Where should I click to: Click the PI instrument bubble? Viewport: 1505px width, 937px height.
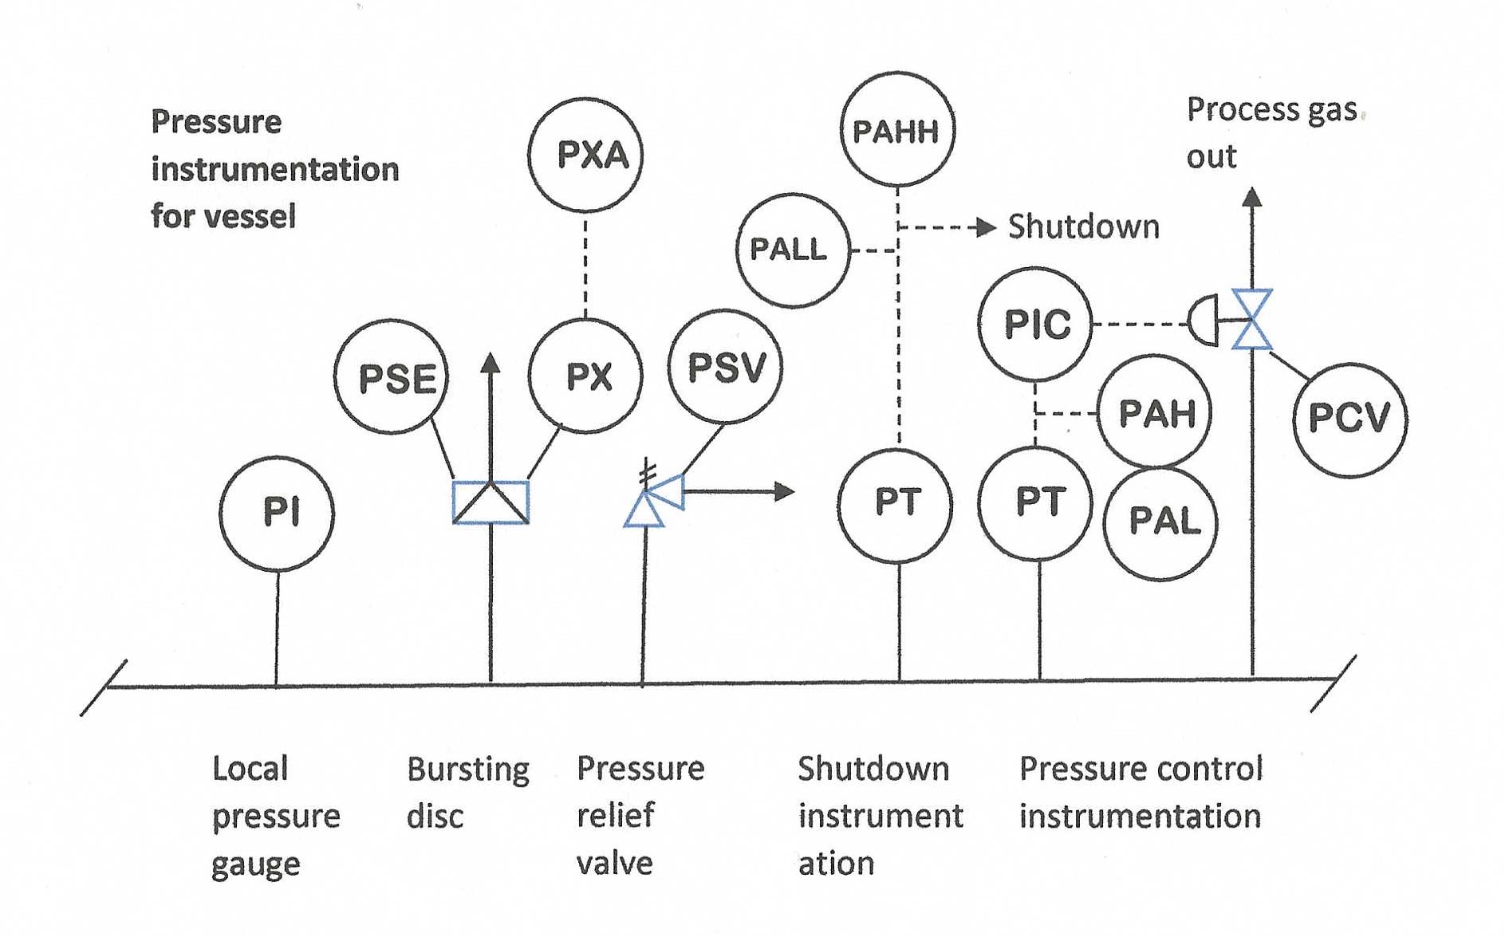(277, 514)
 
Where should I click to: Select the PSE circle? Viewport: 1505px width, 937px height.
(392, 377)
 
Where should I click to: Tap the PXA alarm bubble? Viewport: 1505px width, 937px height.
(585, 156)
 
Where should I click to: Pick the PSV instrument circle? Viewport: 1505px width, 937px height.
(725, 367)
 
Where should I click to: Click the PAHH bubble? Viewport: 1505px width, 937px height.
(897, 130)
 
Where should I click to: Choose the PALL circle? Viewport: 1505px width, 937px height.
(792, 250)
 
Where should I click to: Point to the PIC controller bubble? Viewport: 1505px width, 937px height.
(1035, 324)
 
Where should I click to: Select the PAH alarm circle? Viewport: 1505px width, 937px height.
(1154, 412)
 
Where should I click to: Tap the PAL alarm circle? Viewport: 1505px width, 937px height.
(1160, 523)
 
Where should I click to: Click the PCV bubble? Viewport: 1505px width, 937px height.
(1349, 419)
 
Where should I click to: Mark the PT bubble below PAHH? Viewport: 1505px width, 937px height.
(896, 504)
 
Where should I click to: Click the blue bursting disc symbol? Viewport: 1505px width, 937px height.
(491, 502)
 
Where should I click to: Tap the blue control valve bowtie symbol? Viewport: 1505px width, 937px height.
(1251, 320)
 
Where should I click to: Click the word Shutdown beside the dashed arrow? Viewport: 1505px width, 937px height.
(1083, 227)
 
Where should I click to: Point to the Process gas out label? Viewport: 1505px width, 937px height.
(1271, 132)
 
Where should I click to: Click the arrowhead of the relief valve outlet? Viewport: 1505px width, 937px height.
(786, 492)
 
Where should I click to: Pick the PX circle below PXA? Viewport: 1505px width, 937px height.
(585, 376)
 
